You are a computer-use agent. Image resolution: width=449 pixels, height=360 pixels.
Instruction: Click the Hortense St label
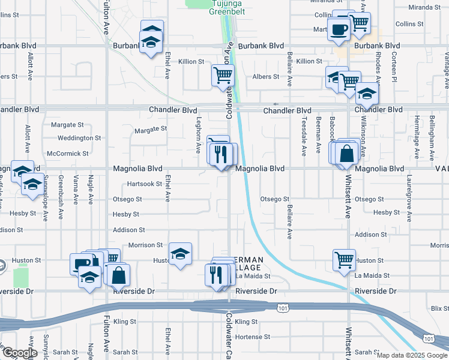[250, 337]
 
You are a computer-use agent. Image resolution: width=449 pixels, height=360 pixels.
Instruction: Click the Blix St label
[440, 307]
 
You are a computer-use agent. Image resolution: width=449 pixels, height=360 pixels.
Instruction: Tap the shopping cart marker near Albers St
[223, 76]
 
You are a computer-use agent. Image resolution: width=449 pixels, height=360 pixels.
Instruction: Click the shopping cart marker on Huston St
[345, 260]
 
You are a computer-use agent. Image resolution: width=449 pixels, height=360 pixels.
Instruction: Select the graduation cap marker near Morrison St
[180, 253]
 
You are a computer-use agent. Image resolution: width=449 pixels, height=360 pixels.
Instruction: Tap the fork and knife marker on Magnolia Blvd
[222, 154]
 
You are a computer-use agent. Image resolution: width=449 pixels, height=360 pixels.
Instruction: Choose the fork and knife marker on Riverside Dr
[216, 274]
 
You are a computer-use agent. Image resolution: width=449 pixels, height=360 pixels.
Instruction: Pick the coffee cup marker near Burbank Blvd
[339, 29]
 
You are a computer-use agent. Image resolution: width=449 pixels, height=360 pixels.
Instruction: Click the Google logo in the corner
[19, 353]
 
